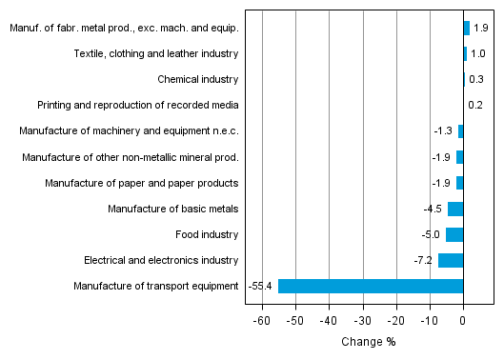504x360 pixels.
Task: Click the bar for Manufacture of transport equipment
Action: [370, 286]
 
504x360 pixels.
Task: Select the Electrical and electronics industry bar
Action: [451, 260]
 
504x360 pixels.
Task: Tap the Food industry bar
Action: [454, 234]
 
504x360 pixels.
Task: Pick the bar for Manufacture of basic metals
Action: [455, 209]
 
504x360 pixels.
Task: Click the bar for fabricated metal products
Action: [467, 28]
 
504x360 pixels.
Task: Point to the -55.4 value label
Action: [260, 286]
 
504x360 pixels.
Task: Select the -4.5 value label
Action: [433, 209]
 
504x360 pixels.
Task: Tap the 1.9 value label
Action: [481, 28]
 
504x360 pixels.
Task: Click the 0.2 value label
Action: [475, 105]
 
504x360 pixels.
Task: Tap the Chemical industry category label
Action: [198, 79]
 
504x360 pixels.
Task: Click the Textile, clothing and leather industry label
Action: [156, 53]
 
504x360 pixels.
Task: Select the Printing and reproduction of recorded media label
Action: [138, 105]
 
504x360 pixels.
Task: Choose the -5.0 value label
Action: [432, 234]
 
